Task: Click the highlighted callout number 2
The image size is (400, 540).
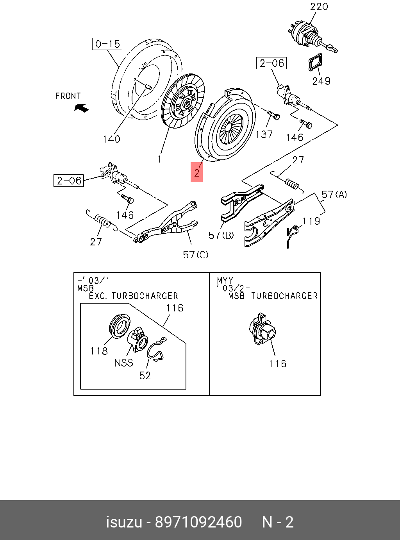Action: point(197,172)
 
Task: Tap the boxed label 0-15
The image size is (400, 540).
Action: point(107,44)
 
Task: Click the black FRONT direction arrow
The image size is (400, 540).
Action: point(82,107)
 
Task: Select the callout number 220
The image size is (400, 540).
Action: point(319,7)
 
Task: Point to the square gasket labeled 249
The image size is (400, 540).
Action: point(315,63)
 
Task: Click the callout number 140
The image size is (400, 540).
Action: point(111,139)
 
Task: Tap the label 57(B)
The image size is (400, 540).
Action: point(221,235)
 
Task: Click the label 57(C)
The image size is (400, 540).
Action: point(196,255)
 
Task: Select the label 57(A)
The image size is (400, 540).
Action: point(334,194)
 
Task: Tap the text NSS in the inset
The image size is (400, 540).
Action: point(123,363)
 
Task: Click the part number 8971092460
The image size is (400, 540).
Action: point(198,522)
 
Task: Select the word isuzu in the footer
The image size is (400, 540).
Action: point(124,522)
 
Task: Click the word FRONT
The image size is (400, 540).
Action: point(68,96)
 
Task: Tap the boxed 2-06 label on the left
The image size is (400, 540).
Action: point(69,181)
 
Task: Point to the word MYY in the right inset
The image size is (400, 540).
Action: point(225,281)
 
